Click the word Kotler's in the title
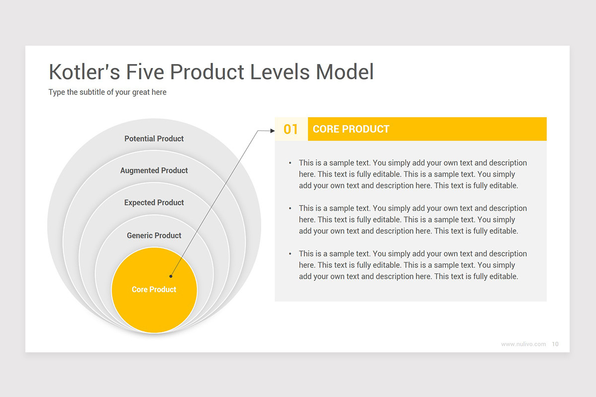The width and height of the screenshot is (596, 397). click(x=84, y=72)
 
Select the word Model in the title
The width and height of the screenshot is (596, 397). click(x=345, y=72)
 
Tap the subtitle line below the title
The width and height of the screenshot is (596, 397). click(x=107, y=92)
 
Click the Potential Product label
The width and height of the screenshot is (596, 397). click(x=154, y=138)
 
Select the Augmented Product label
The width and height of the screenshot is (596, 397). click(x=154, y=170)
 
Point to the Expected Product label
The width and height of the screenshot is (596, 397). click(x=154, y=202)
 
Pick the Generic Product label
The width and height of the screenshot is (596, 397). click(x=154, y=235)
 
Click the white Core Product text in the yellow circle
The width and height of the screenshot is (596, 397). click(x=154, y=289)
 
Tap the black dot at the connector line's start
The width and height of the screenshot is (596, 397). click(x=171, y=276)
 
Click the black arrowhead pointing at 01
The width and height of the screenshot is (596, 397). click(x=273, y=131)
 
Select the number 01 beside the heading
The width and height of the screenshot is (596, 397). click(x=291, y=129)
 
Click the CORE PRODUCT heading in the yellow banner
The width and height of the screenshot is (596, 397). click(x=351, y=129)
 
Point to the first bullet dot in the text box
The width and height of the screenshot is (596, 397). click(x=290, y=163)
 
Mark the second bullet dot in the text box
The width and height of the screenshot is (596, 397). click(x=290, y=208)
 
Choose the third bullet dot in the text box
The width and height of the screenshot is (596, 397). click(x=290, y=254)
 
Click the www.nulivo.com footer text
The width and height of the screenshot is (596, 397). click(x=523, y=344)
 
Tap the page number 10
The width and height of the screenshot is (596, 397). click(x=555, y=344)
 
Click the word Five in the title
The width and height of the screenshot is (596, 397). click(x=145, y=72)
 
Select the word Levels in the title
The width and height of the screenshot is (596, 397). click(x=280, y=72)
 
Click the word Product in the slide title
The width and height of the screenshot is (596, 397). click(x=207, y=72)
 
